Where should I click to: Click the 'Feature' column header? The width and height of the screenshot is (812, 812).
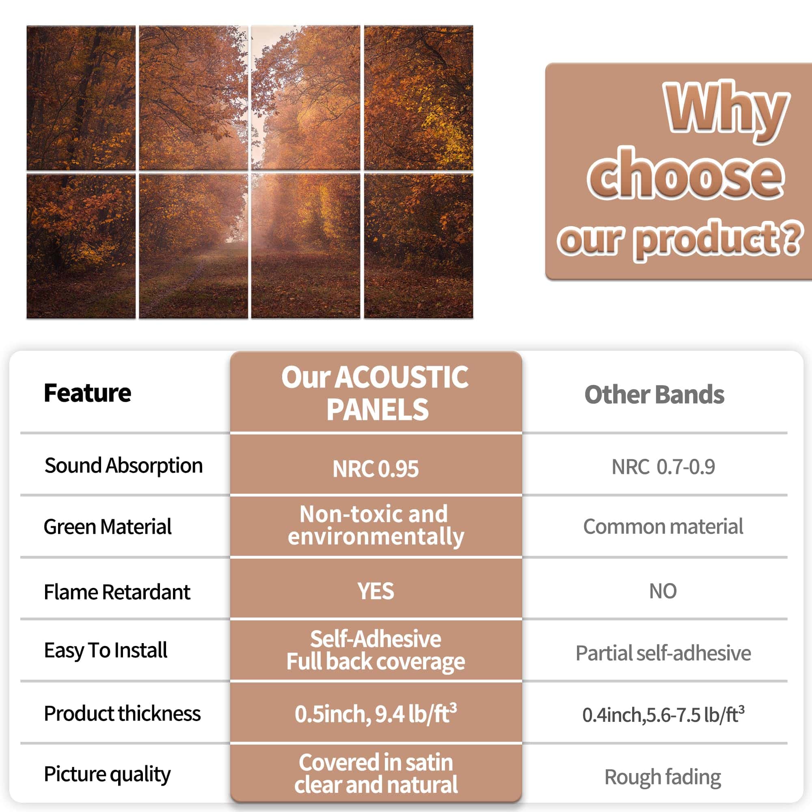87,393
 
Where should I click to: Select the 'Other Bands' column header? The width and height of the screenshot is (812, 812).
654,394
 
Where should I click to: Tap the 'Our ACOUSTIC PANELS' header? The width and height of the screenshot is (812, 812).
375,393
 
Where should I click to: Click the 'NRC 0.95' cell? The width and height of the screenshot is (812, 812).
375,469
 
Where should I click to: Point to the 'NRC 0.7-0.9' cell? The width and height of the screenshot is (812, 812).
663,466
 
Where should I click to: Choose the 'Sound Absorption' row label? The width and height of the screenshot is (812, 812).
123,466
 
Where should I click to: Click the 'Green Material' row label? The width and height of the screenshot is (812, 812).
108,527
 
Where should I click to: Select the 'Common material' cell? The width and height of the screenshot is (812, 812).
663,527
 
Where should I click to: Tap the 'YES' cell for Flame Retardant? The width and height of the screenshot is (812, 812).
376,591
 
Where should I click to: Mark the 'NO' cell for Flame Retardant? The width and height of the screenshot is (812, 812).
663,591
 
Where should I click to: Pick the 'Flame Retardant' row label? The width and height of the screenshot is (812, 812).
117,592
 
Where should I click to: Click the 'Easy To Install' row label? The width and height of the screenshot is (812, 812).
106,650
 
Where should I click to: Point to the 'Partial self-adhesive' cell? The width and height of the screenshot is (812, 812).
663,653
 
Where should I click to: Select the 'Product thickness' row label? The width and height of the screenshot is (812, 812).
122,714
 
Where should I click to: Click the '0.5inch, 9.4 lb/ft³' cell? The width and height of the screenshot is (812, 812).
376,714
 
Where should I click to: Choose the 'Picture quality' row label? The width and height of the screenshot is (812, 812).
107,774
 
